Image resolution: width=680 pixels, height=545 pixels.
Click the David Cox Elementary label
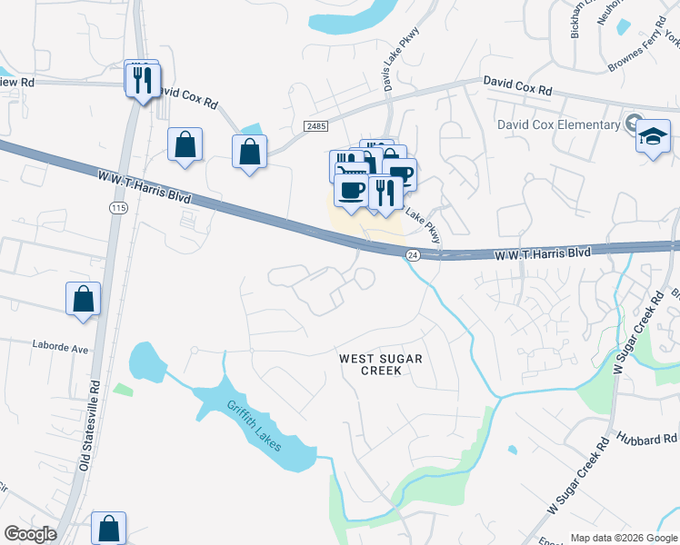pos(556,124)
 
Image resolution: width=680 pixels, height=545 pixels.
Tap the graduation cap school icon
pos(653,137)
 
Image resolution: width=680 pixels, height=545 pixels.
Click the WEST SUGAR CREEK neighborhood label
pos(380,364)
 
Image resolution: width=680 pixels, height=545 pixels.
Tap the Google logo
pos(30,534)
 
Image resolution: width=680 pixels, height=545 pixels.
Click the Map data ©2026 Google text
pos(624,538)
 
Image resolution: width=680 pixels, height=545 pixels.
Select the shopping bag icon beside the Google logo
pos(108,528)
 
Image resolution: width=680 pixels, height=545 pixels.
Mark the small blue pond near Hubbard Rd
pos(513,450)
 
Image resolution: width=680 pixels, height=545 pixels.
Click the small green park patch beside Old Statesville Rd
pos(123,390)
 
